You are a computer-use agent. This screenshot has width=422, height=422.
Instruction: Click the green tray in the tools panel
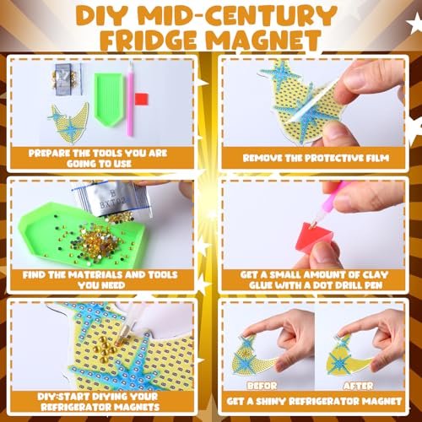click(109, 99)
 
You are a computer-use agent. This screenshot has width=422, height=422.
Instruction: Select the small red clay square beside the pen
click(141, 99)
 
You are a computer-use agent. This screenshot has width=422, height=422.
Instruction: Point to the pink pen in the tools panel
click(130, 99)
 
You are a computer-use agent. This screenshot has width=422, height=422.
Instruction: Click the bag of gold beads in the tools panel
click(67, 79)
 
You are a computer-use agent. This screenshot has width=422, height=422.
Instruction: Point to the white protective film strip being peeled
click(314, 102)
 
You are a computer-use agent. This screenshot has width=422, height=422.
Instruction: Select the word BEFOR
click(262, 386)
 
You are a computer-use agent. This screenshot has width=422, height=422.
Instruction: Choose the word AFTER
click(358, 386)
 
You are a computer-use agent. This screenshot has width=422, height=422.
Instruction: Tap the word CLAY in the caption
click(375, 274)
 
